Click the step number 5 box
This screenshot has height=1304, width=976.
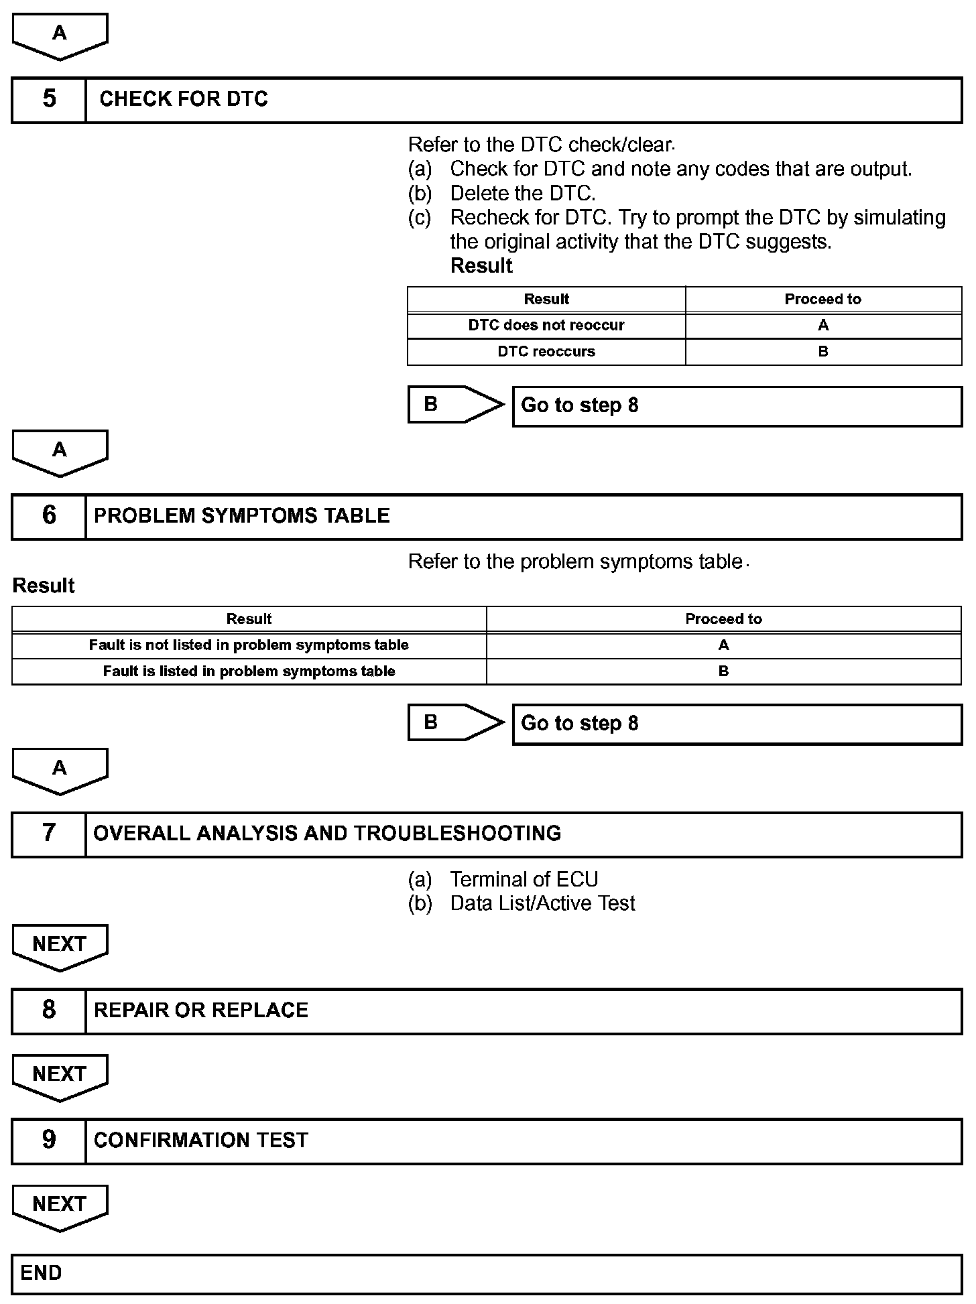tap(49, 99)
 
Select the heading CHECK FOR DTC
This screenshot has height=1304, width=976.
tap(183, 99)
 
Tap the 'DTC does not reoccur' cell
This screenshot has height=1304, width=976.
tap(546, 326)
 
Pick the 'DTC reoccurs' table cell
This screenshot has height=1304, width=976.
tap(546, 352)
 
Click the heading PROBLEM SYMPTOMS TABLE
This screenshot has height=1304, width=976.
tap(241, 516)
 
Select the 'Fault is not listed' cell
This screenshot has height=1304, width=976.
tap(249, 645)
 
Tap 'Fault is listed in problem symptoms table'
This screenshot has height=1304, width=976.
tap(249, 671)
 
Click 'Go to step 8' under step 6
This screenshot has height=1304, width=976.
tap(579, 724)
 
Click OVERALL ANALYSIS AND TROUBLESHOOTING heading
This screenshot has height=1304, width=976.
tap(327, 834)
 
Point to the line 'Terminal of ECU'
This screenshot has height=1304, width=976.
tap(524, 879)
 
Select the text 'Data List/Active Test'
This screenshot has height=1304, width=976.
tap(542, 903)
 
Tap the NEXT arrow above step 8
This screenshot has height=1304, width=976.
tap(60, 946)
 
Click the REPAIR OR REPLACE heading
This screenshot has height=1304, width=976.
tap(200, 1010)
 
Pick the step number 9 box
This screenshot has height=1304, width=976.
tap(49, 1140)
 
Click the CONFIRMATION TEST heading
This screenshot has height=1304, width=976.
tap(200, 1140)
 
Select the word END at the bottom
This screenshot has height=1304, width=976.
tap(41, 1273)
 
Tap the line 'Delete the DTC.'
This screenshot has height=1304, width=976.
tap(522, 194)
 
